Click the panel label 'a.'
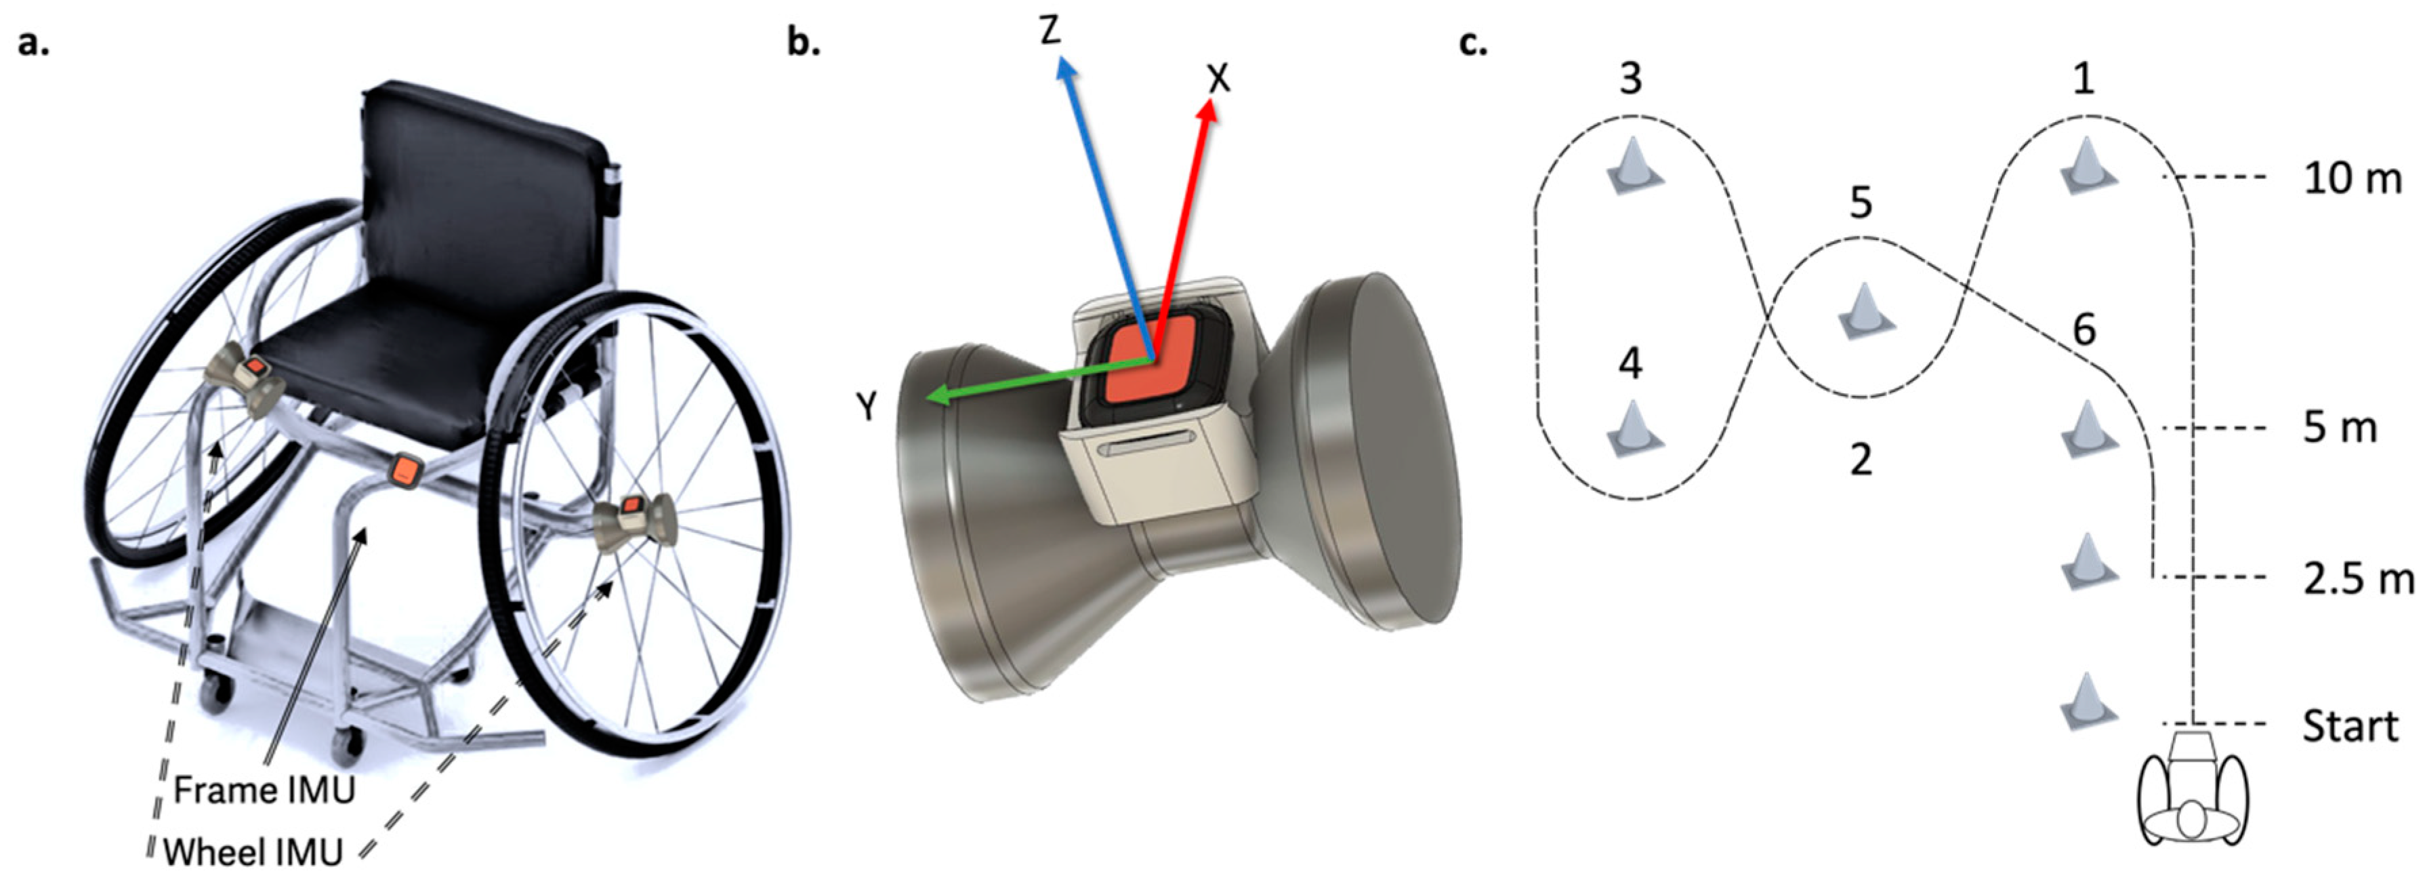pyautogui.click(x=33, y=42)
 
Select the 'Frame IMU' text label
pyautogui.click(x=264, y=790)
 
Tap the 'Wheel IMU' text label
pyautogui.click(x=252, y=852)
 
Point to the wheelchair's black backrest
pyautogui.click(x=485, y=188)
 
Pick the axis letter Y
pyautogui.click(x=866, y=407)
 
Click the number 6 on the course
pyautogui.click(x=2084, y=329)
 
